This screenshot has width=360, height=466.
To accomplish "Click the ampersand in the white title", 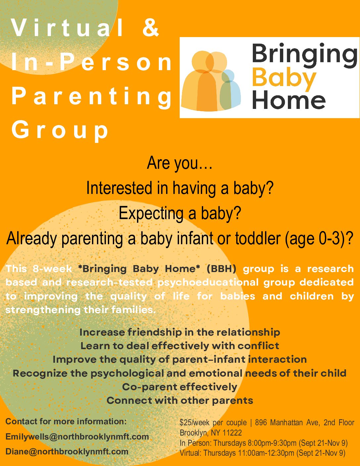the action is click(151, 27).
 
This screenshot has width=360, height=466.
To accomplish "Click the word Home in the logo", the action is click(289, 99).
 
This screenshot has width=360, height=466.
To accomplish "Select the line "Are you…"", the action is click(179, 163).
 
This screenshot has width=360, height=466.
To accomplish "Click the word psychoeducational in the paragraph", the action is click(208, 282).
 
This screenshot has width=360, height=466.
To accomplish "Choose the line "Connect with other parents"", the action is click(180, 400).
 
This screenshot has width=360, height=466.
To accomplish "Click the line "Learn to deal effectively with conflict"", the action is click(180, 346).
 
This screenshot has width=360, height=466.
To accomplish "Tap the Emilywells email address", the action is click(77, 437).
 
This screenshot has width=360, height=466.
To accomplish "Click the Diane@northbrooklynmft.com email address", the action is click(67, 451).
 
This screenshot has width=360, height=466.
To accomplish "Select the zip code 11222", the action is click(232, 433).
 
